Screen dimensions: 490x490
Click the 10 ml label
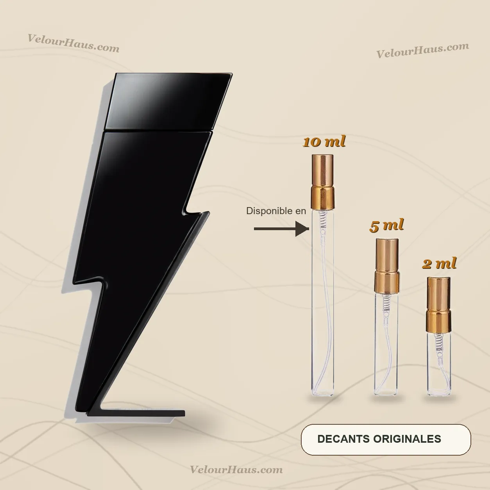(324, 142)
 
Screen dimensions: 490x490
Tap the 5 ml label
(386, 225)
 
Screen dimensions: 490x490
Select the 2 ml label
(439, 264)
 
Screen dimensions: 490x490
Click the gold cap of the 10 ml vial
(322, 182)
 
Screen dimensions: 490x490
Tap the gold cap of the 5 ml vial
(387, 265)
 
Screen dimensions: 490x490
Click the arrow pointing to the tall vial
(281, 229)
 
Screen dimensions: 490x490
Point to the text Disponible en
(276, 211)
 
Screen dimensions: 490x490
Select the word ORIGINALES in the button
(407, 439)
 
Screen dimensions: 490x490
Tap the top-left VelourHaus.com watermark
(73, 43)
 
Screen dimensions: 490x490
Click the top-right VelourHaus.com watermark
(423, 50)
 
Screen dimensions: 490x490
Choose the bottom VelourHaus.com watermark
(236, 469)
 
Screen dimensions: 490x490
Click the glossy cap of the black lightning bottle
(168, 102)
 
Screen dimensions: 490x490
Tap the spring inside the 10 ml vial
(323, 221)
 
